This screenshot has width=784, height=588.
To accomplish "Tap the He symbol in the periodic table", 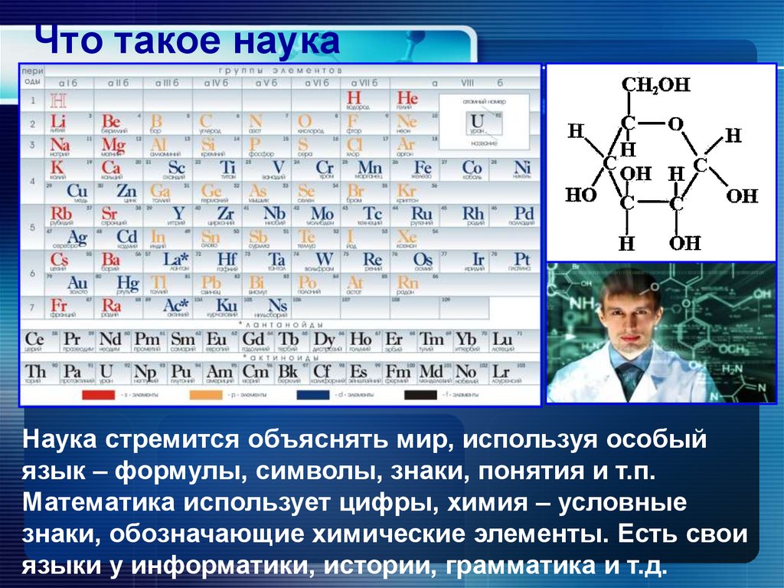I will [407, 98].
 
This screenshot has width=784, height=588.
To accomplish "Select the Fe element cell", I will [422, 168].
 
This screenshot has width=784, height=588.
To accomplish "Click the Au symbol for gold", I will [77, 284].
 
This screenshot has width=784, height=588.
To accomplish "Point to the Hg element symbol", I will [127, 284].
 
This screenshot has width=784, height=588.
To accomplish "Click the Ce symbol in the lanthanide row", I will [34, 339].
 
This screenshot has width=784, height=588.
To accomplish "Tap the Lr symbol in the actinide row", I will [502, 372].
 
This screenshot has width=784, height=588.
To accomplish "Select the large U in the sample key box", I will [477, 121].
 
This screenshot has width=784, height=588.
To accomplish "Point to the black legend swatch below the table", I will [420, 395].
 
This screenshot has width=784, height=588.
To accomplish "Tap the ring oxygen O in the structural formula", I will [674, 123].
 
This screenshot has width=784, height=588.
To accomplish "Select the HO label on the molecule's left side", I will [580, 195].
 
